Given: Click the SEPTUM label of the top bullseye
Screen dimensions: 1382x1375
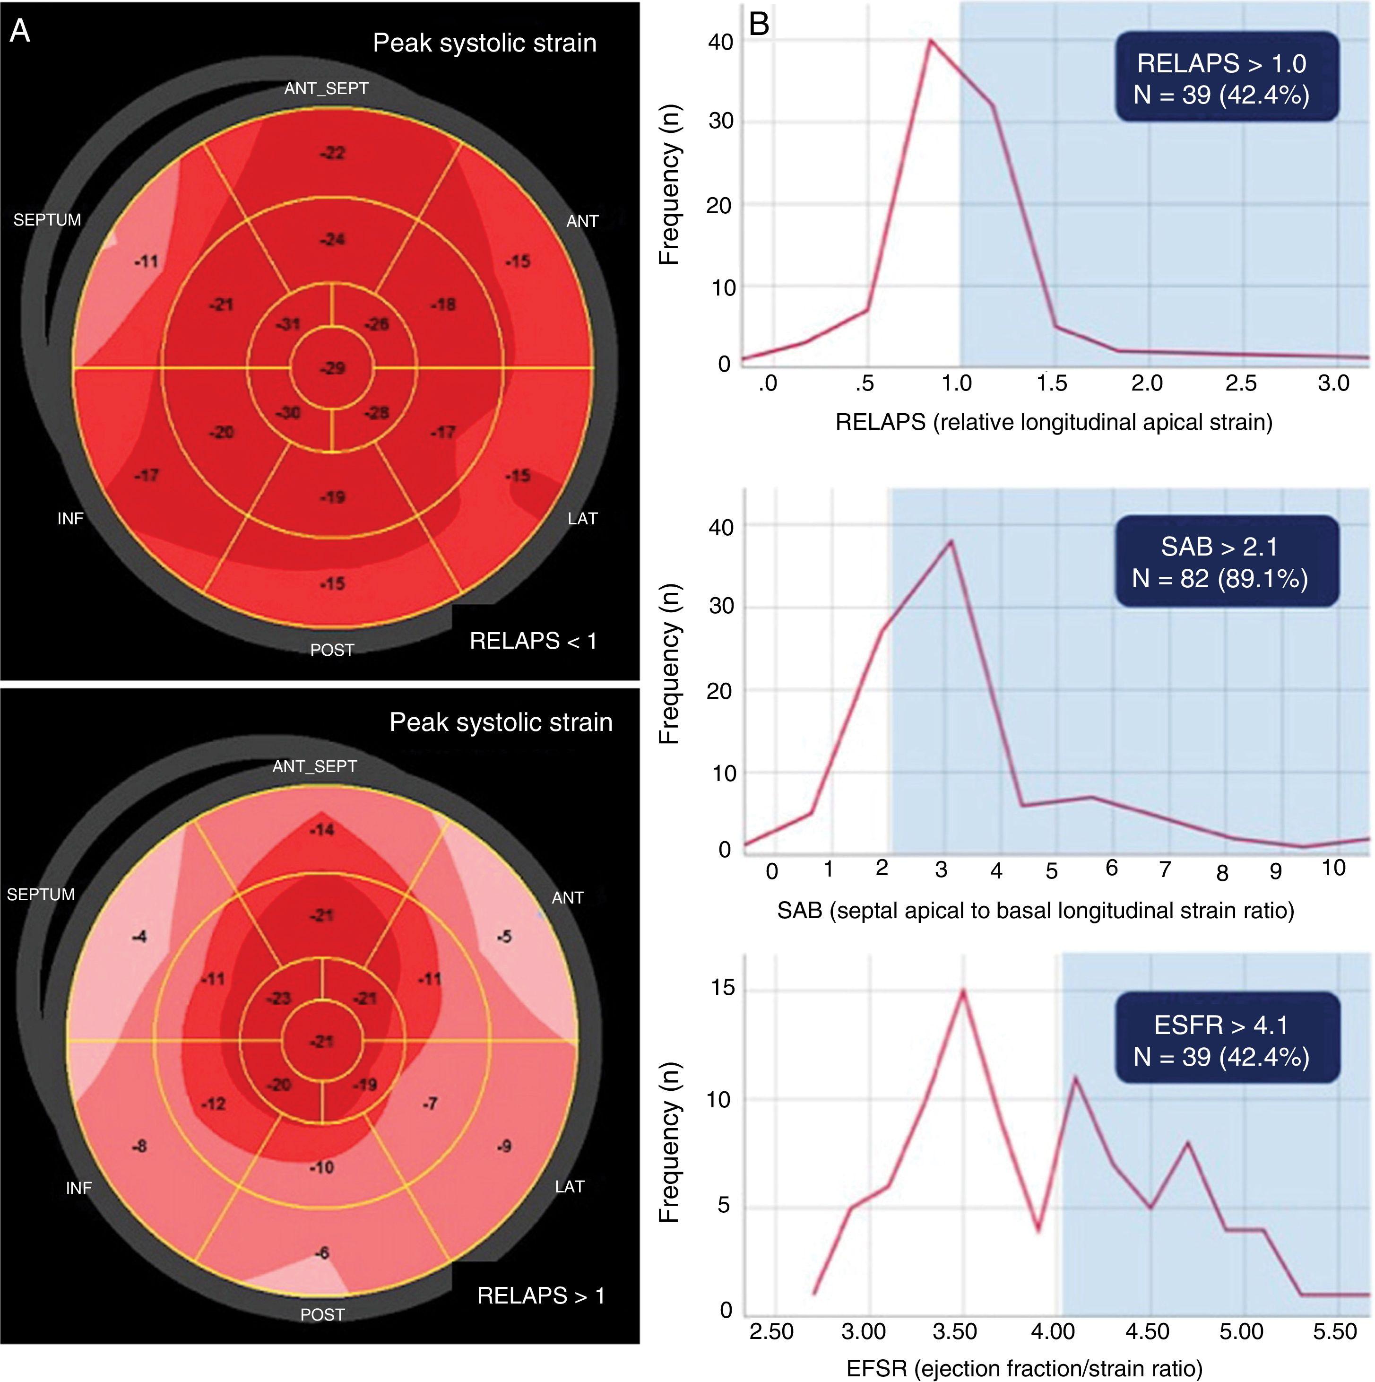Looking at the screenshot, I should tap(47, 219).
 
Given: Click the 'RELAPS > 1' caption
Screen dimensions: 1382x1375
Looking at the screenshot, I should tap(541, 1295).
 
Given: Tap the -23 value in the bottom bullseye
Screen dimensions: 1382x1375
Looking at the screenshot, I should tap(279, 999).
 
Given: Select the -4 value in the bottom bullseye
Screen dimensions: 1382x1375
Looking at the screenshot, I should tap(139, 936).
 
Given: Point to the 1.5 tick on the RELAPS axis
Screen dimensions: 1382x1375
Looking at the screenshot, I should tap(1051, 383).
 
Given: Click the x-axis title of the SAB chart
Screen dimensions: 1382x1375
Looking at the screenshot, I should tap(1035, 911).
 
